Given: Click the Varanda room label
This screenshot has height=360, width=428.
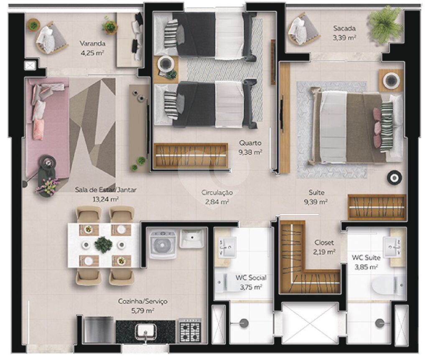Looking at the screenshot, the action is pos(92,43).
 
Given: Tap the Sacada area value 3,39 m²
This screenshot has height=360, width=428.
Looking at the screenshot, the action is pos(344,38).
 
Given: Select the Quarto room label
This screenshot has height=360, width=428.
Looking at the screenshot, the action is pos(250,143).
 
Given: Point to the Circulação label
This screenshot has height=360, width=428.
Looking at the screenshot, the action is pos(217,193).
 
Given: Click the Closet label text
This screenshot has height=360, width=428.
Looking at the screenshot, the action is pos(324,242).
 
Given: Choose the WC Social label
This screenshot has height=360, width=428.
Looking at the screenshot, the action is pos(251,278).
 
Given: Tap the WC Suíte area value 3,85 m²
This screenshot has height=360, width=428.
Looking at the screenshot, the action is pos(366,267).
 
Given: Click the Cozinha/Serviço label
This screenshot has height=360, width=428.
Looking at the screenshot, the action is pos(143,301).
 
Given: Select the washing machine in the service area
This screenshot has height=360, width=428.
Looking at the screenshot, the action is pos(163,245).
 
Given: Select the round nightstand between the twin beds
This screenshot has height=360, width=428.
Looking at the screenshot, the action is pos(165,64).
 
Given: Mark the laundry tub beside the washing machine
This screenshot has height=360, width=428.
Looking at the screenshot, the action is pos(192,238).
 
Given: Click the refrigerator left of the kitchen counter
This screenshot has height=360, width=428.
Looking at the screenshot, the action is pos(98,329).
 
